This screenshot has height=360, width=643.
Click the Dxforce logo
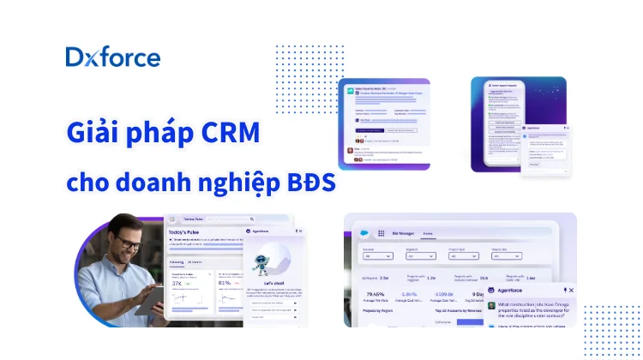click(x=112, y=57)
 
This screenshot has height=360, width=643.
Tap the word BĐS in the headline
click(x=310, y=183)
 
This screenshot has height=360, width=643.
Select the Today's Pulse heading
click(x=190, y=233)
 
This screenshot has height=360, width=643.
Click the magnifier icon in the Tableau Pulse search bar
click(x=251, y=219)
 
